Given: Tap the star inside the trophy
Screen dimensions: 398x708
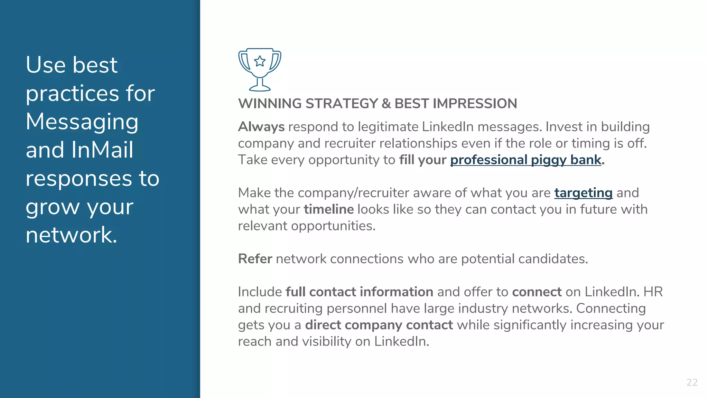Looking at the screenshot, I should pos(260,61).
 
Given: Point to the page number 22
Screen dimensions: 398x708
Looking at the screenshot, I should pos(692,382).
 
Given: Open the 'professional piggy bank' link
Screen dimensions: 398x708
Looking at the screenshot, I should pos(525,160).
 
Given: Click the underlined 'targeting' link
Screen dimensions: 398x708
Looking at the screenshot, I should pos(583,193).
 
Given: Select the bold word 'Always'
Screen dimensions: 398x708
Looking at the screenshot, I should pos(261,127).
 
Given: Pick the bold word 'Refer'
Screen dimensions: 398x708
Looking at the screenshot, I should pos(255,259).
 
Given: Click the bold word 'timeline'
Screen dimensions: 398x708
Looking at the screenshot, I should pos(328,209).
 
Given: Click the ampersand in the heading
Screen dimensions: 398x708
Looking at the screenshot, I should pos(386,104).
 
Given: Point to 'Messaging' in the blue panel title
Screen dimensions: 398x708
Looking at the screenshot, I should pos(82,122).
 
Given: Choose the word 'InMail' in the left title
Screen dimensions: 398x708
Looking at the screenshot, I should pos(102,150).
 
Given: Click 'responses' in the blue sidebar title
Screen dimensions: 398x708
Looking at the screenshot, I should pos(79,179).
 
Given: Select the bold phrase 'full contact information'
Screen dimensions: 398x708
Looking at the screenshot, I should pos(359,292).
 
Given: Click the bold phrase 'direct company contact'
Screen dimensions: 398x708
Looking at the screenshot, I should pos(379,325).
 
